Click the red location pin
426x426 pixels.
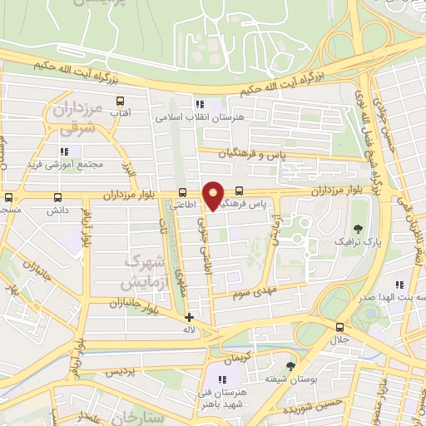click(x=213, y=195)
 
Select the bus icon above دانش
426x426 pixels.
click(x=57, y=198)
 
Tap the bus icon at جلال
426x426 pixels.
click(x=339, y=327)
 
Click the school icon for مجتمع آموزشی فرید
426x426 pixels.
click(x=63, y=151)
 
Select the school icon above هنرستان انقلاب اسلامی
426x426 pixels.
click(x=199, y=104)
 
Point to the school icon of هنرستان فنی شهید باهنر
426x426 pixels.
click(x=222, y=379)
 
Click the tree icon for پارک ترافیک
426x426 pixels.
click(x=358, y=228)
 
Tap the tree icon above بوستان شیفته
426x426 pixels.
click(x=290, y=365)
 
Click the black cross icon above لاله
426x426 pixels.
click(x=189, y=317)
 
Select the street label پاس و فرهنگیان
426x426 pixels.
click(x=246, y=155)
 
